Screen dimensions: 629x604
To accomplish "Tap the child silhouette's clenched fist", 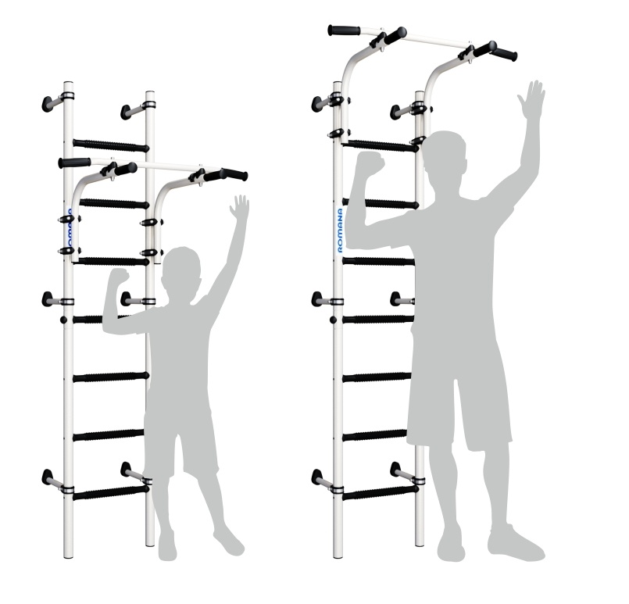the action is [x=119, y=277].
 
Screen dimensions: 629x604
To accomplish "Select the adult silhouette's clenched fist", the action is [x=370, y=164].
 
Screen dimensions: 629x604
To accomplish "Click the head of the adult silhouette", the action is [x=444, y=155].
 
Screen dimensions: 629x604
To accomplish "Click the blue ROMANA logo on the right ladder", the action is [x=340, y=231].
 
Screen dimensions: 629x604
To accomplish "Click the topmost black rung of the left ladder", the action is [x=111, y=145].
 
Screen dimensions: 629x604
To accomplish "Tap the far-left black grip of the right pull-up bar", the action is [x=344, y=30].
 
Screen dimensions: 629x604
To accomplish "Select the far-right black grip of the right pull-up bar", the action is [x=504, y=55].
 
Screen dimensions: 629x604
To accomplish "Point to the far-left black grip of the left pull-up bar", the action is [x=74, y=163].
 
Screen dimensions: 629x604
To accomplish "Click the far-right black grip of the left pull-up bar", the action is [x=235, y=174].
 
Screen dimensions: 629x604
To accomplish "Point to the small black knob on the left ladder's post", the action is [x=63, y=320].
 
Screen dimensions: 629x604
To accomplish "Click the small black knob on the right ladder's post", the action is [x=333, y=320].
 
